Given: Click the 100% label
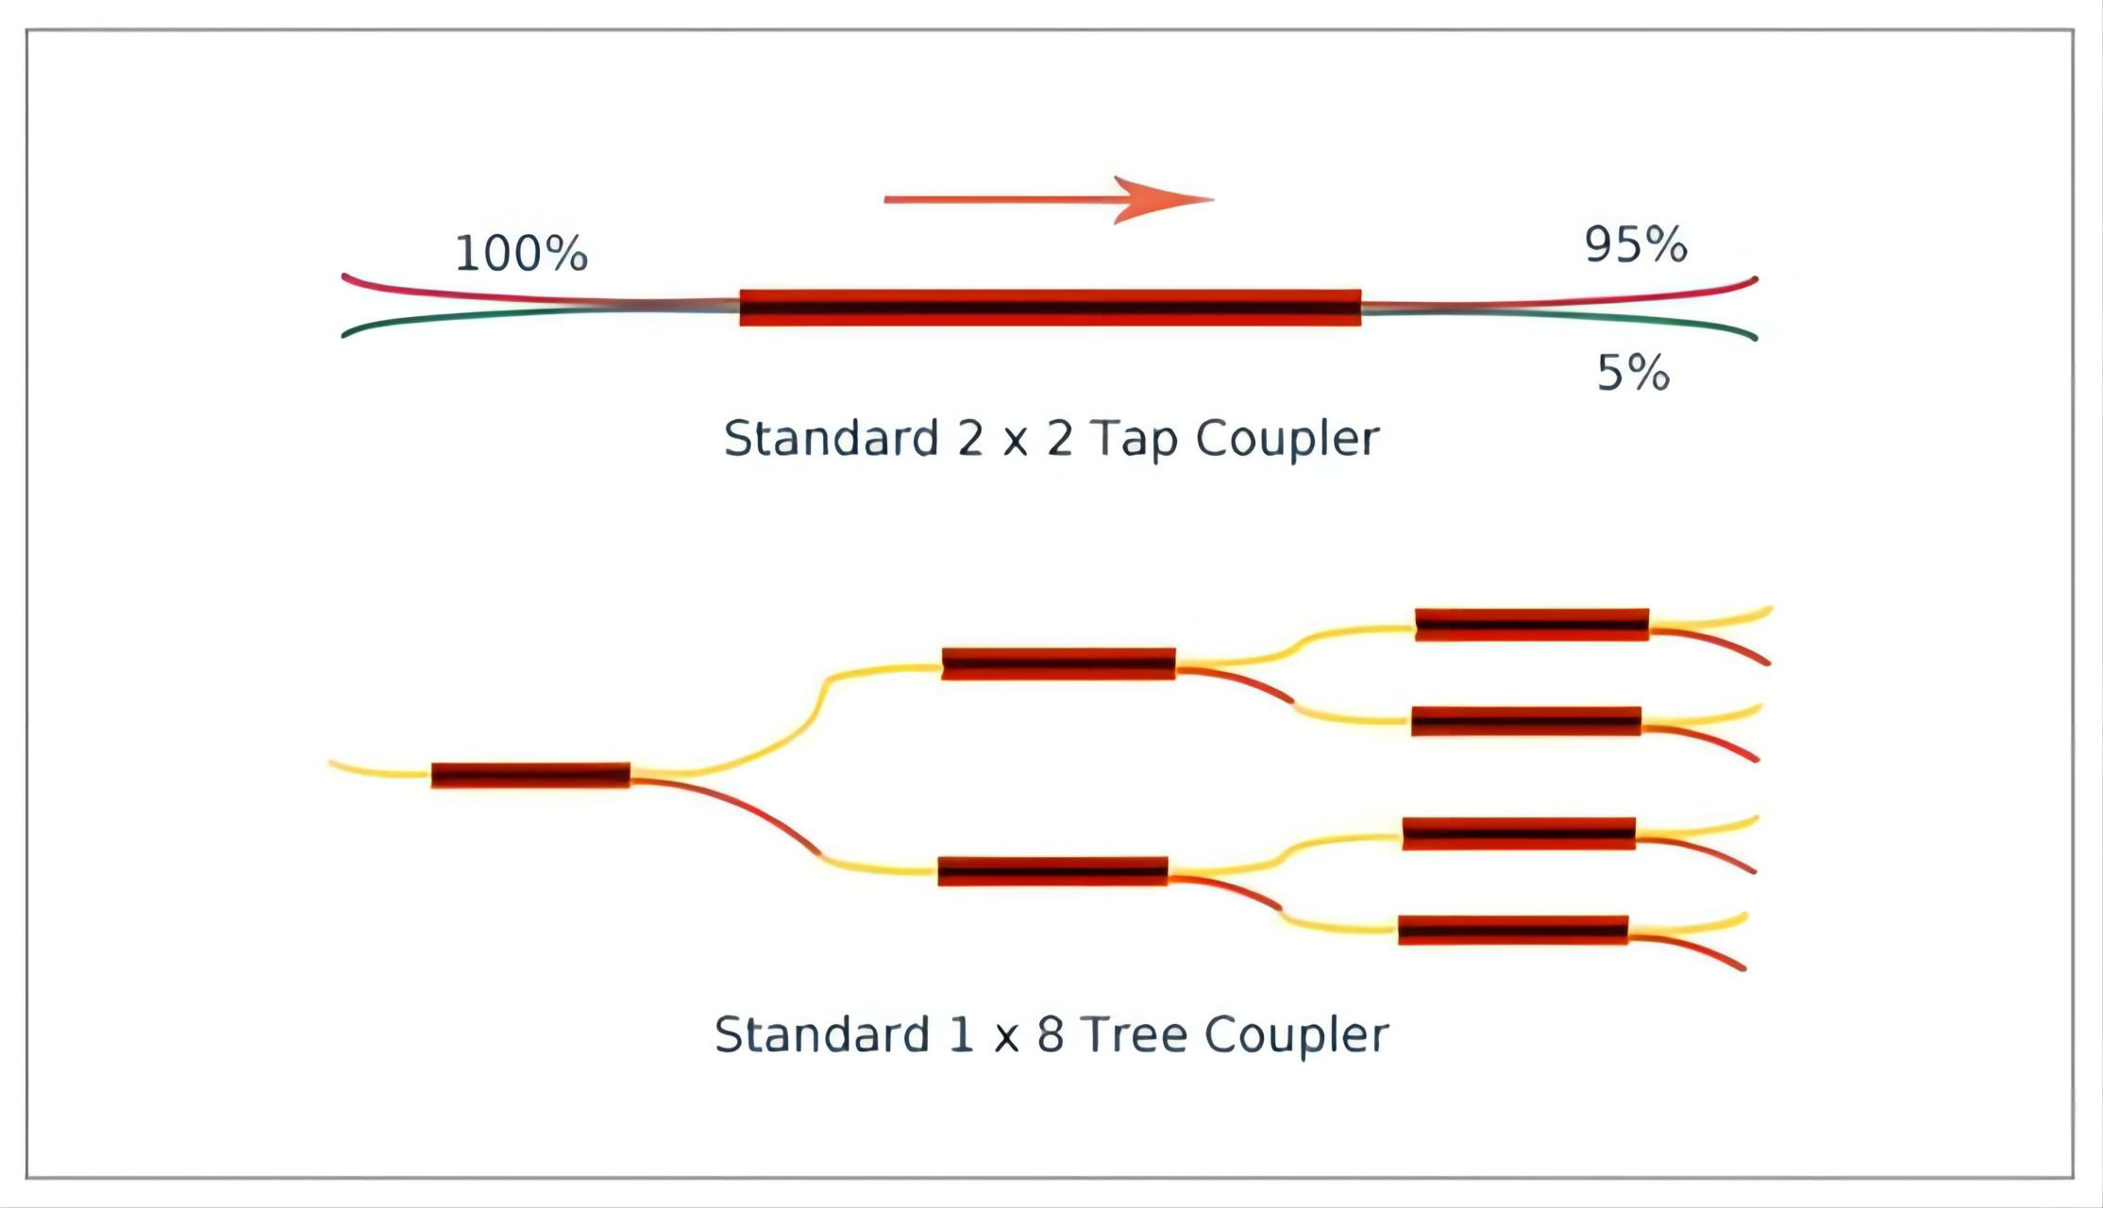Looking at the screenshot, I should (521, 254).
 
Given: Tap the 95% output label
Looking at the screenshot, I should (1635, 245).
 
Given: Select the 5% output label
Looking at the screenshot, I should (1632, 374).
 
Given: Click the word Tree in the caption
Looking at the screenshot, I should (1134, 1034).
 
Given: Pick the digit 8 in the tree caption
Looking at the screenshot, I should (1051, 1034).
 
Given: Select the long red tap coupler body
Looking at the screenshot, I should (1050, 308).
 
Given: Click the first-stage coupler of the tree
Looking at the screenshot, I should (530, 775).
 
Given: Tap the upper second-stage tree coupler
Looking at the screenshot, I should (1058, 663).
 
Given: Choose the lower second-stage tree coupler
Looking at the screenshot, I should (1052, 871).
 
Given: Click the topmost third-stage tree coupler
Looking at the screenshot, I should (1531, 625).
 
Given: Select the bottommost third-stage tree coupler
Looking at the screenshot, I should (1512, 930).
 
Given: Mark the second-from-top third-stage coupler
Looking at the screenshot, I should (1525, 721).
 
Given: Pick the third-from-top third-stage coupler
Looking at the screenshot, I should (1518, 833).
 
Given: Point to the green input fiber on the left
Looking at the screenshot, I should (425, 319).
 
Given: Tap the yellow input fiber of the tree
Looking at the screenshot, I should (378, 771).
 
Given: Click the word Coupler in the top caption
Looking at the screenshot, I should (1287, 440).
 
